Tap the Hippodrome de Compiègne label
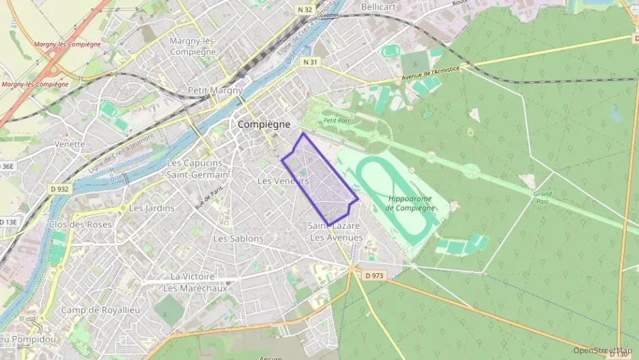pyautogui.click(x=411, y=204)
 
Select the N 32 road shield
pyautogui.click(x=304, y=10)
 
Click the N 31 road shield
pyautogui.click(x=309, y=62)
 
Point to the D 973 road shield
pyautogui.click(x=375, y=275)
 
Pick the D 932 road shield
pyautogui.click(x=59, y=189)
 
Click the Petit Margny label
pyautogui.click(x=215, y=90)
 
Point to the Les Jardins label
pyautogui.click(x=152, y=208)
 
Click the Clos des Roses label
pyautogui.click(x=81, y=224)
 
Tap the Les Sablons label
pyautogui.click(x=238, y=238)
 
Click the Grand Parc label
pyautogui.click(x=543, y=198)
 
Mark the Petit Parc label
pyautogui.click(x=336, y=120)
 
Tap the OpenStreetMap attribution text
pyautogui.click(x=602, y=350)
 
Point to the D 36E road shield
pyautogui.click(x=6, y=165)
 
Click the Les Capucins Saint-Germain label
pyautogui.click(x=195, y=169)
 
